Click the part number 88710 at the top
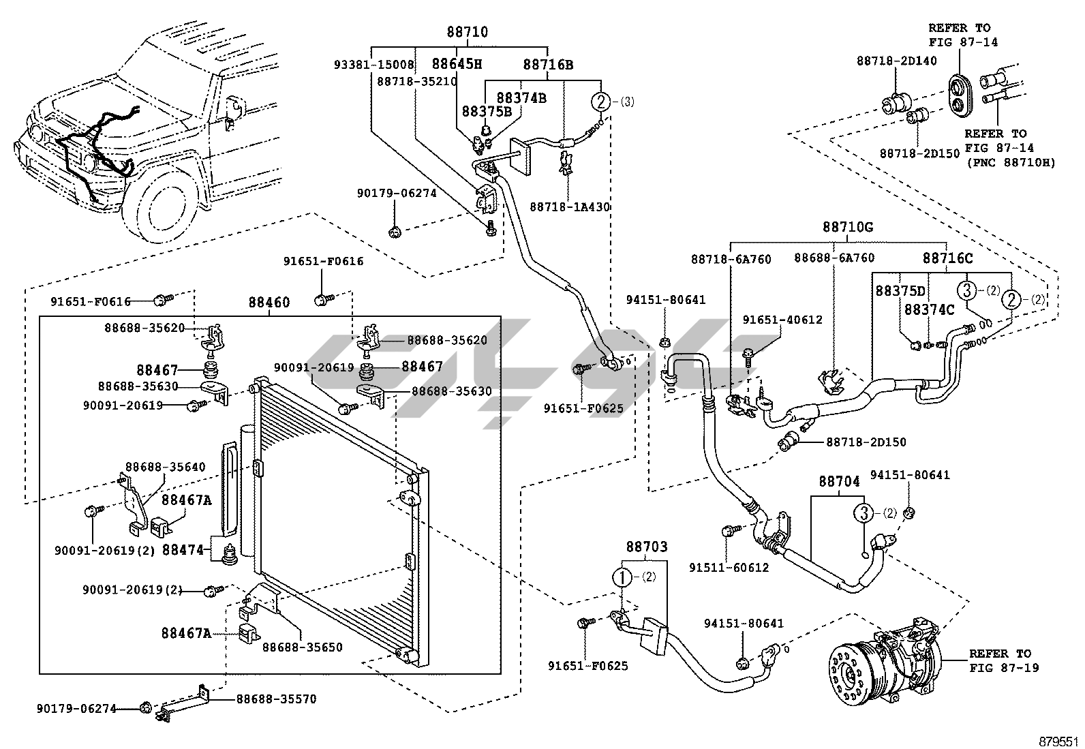tap(467, 32)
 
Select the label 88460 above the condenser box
tap(269, 303)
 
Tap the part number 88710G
tap(848, 227)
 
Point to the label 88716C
tap(947, 258)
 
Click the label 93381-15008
tap(374, 65)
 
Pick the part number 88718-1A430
tap(570, 207)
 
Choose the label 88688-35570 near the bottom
tap(276, 699)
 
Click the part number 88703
tap(647, 547)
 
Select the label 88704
tap(840, 481)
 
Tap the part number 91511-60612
tap(729, 567)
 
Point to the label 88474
tap(183, 549)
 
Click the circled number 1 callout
tap(623, 577)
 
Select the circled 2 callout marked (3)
tap(601, 102)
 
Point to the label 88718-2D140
tap(897, 61)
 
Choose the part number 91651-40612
tap(782, 320)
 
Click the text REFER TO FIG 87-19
tap(1004, 660)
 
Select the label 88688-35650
tap(302, 647)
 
